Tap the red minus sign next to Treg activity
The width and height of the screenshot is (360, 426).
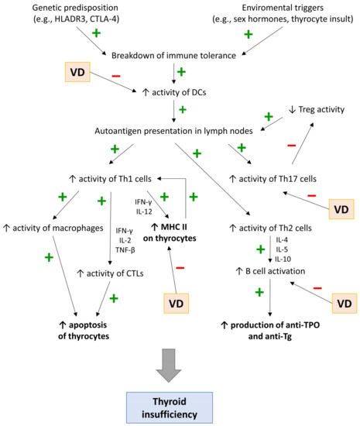click(290, 146)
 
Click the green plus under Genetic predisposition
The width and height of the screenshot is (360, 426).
click(97, 33)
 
